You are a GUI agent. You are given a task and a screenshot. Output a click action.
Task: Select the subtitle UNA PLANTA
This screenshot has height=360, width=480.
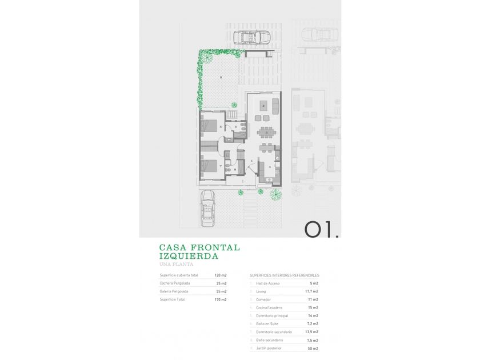click(x=176, y=265)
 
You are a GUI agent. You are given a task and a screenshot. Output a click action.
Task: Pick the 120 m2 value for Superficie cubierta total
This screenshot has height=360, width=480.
click(x=220, y=275)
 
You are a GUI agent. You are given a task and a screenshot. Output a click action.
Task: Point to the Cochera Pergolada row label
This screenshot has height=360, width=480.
click(x=175, y=283)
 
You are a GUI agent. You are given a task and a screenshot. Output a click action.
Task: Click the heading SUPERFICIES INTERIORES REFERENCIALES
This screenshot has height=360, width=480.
click(x=285, y=275)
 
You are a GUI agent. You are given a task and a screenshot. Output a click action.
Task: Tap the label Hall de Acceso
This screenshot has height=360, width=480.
click(x=268, y=283)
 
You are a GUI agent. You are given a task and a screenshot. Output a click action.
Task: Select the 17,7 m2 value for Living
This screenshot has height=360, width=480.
click(x=311, y=291)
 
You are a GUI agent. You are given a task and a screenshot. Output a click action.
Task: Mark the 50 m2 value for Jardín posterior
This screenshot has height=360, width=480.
click(x=313, y=348)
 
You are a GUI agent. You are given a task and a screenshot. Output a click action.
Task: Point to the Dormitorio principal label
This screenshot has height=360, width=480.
click(x=272, y=315)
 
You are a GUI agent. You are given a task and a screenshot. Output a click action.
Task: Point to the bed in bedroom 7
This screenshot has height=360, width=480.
click(x=211, y=166)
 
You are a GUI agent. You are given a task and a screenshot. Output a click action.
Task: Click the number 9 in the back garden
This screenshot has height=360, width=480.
click(x=221, y=78)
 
